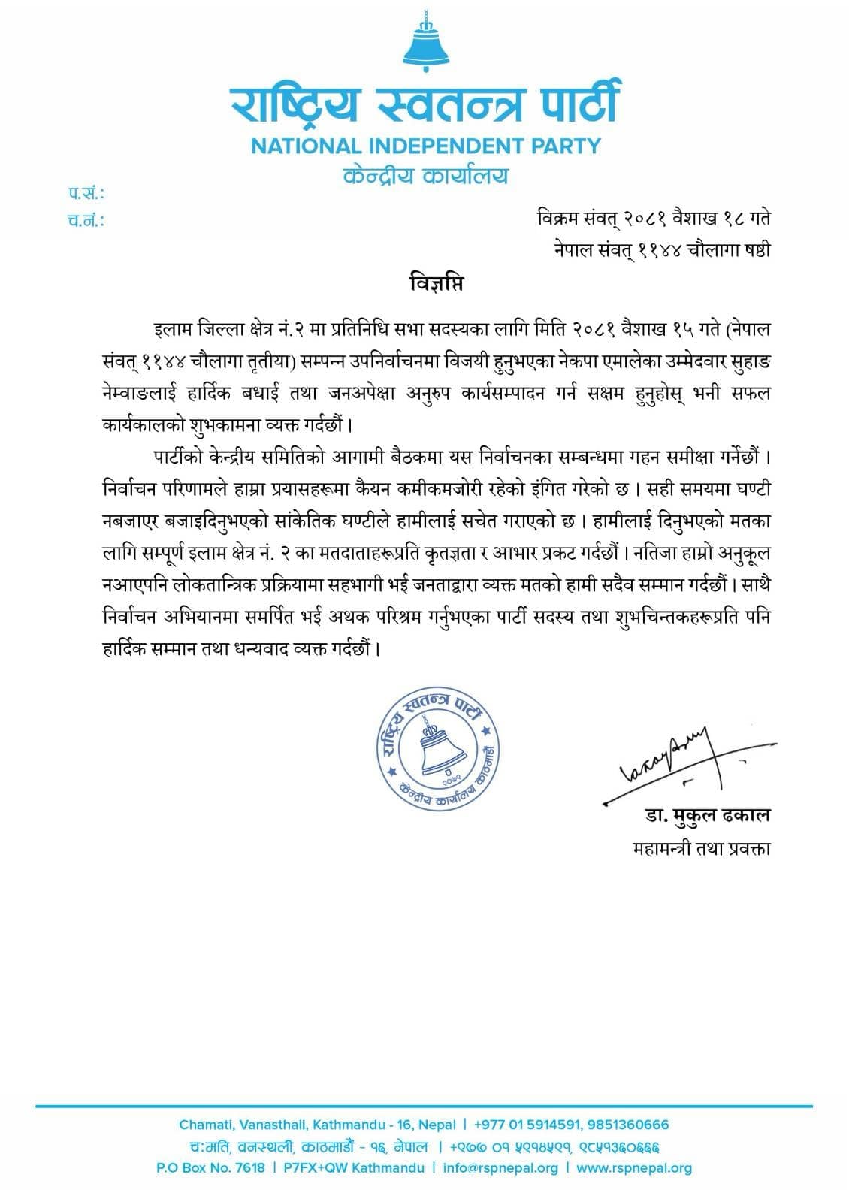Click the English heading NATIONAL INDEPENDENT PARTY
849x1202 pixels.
point(426,145)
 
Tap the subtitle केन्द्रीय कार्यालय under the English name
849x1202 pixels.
point(425,177)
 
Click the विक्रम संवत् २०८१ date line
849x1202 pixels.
point(653,219)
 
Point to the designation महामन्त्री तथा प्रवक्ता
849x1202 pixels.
point(702,849)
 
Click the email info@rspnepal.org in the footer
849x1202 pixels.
point(500,1168)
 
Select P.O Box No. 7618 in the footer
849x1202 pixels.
point(210,1168)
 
